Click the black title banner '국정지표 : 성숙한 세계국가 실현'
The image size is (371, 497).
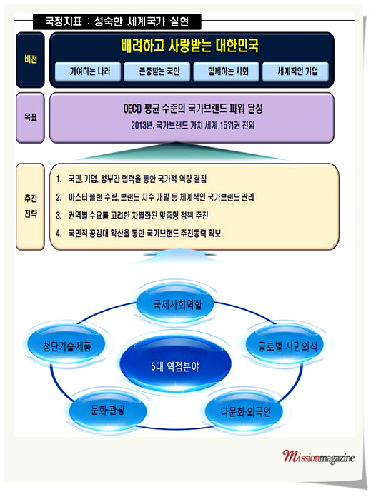tap(117, 21)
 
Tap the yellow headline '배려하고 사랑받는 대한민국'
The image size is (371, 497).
tap(189, 46)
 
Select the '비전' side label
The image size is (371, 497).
tap(31, 59)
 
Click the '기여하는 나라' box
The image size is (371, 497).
tap(88, 71)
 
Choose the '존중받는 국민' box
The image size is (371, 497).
tap(157, 71)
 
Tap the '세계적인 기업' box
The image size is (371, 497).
tap(295, 71)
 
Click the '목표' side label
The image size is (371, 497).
tap(31, 118)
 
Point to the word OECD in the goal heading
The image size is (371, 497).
tap(132, 109)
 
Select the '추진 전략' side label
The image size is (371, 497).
tap(31, 206)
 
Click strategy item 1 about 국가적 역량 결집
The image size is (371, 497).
tap(132, 179)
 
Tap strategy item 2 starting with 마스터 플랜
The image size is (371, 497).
tap(155, 197)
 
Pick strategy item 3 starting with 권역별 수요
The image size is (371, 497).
tap(132, 216)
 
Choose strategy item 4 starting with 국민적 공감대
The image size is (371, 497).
tap(139, 234)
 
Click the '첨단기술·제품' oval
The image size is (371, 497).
tap(67, 345)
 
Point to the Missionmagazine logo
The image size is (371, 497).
tap(318, 458)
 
